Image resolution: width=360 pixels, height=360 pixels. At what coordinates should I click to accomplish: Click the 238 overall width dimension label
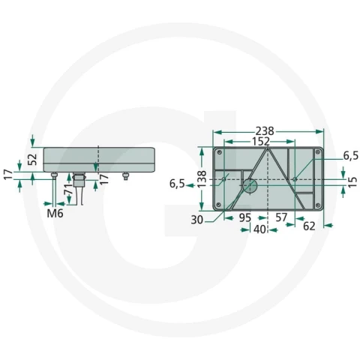point(265,131)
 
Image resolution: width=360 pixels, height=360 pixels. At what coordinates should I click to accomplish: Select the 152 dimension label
point(261,142)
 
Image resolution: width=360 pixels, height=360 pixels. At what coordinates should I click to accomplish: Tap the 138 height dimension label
point(202,178)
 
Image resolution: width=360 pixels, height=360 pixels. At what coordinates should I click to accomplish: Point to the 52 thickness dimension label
point(33,160)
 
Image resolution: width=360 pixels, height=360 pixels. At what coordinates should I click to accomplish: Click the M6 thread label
point(55,213)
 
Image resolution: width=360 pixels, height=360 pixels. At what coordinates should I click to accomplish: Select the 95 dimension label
point(244,217)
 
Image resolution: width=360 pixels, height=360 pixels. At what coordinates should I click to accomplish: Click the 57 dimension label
point(281,217)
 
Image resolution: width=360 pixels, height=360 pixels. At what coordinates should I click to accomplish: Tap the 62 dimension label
point(309,226)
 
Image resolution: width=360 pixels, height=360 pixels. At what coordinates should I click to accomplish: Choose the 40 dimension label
point(259,229)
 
